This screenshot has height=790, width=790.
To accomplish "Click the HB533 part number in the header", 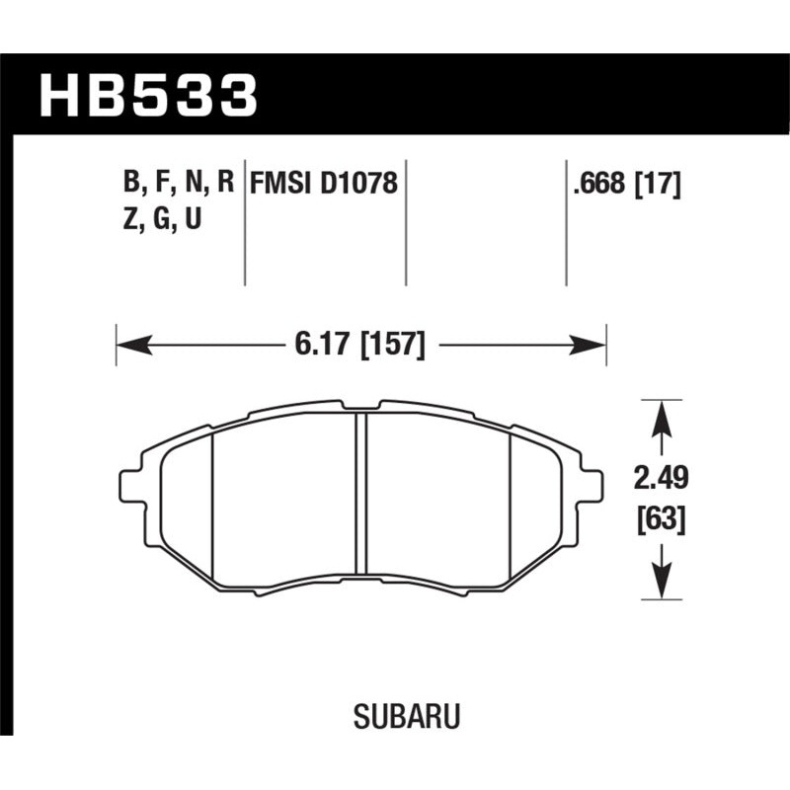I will (148, 97).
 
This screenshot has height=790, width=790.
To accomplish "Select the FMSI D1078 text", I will (324, 184).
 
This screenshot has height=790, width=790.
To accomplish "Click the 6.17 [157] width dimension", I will (359, 346).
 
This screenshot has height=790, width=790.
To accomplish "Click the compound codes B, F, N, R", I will (179, 183).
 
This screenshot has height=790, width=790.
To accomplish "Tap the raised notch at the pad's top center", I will (361, 405).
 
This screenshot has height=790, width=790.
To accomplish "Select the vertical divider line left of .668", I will (566, 222).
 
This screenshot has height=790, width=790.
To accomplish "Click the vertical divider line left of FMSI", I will (245, 222).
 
